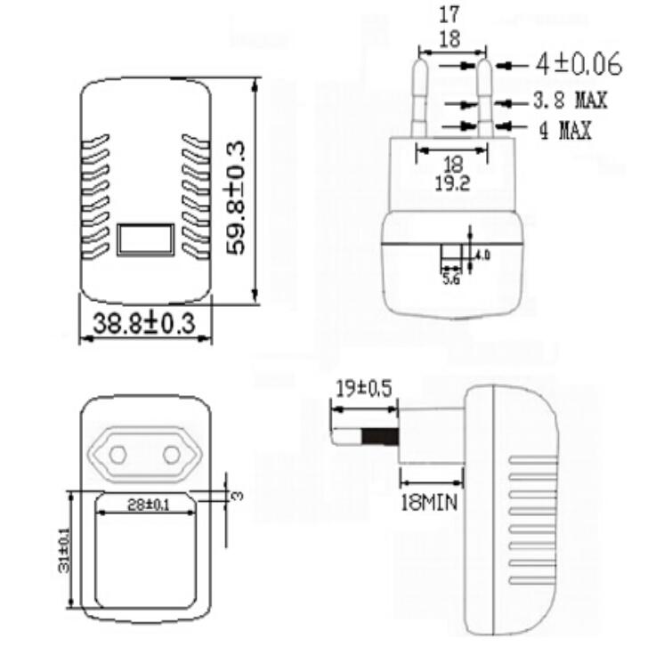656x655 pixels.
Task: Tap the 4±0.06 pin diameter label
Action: coord(578,65)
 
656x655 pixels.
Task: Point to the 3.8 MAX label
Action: coord(570,100)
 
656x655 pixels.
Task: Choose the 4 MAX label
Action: coord(564,131)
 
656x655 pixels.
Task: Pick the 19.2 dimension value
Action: coord(451,182)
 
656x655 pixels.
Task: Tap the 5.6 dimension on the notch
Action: coord(450,279)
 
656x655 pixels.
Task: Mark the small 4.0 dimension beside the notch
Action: coord(482,255)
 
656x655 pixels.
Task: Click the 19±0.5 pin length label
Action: coord(364,388)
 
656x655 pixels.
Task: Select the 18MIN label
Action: coord(427,502)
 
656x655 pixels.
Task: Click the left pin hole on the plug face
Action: coord(117,455)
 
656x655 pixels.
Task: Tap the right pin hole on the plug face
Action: coord(169,455)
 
